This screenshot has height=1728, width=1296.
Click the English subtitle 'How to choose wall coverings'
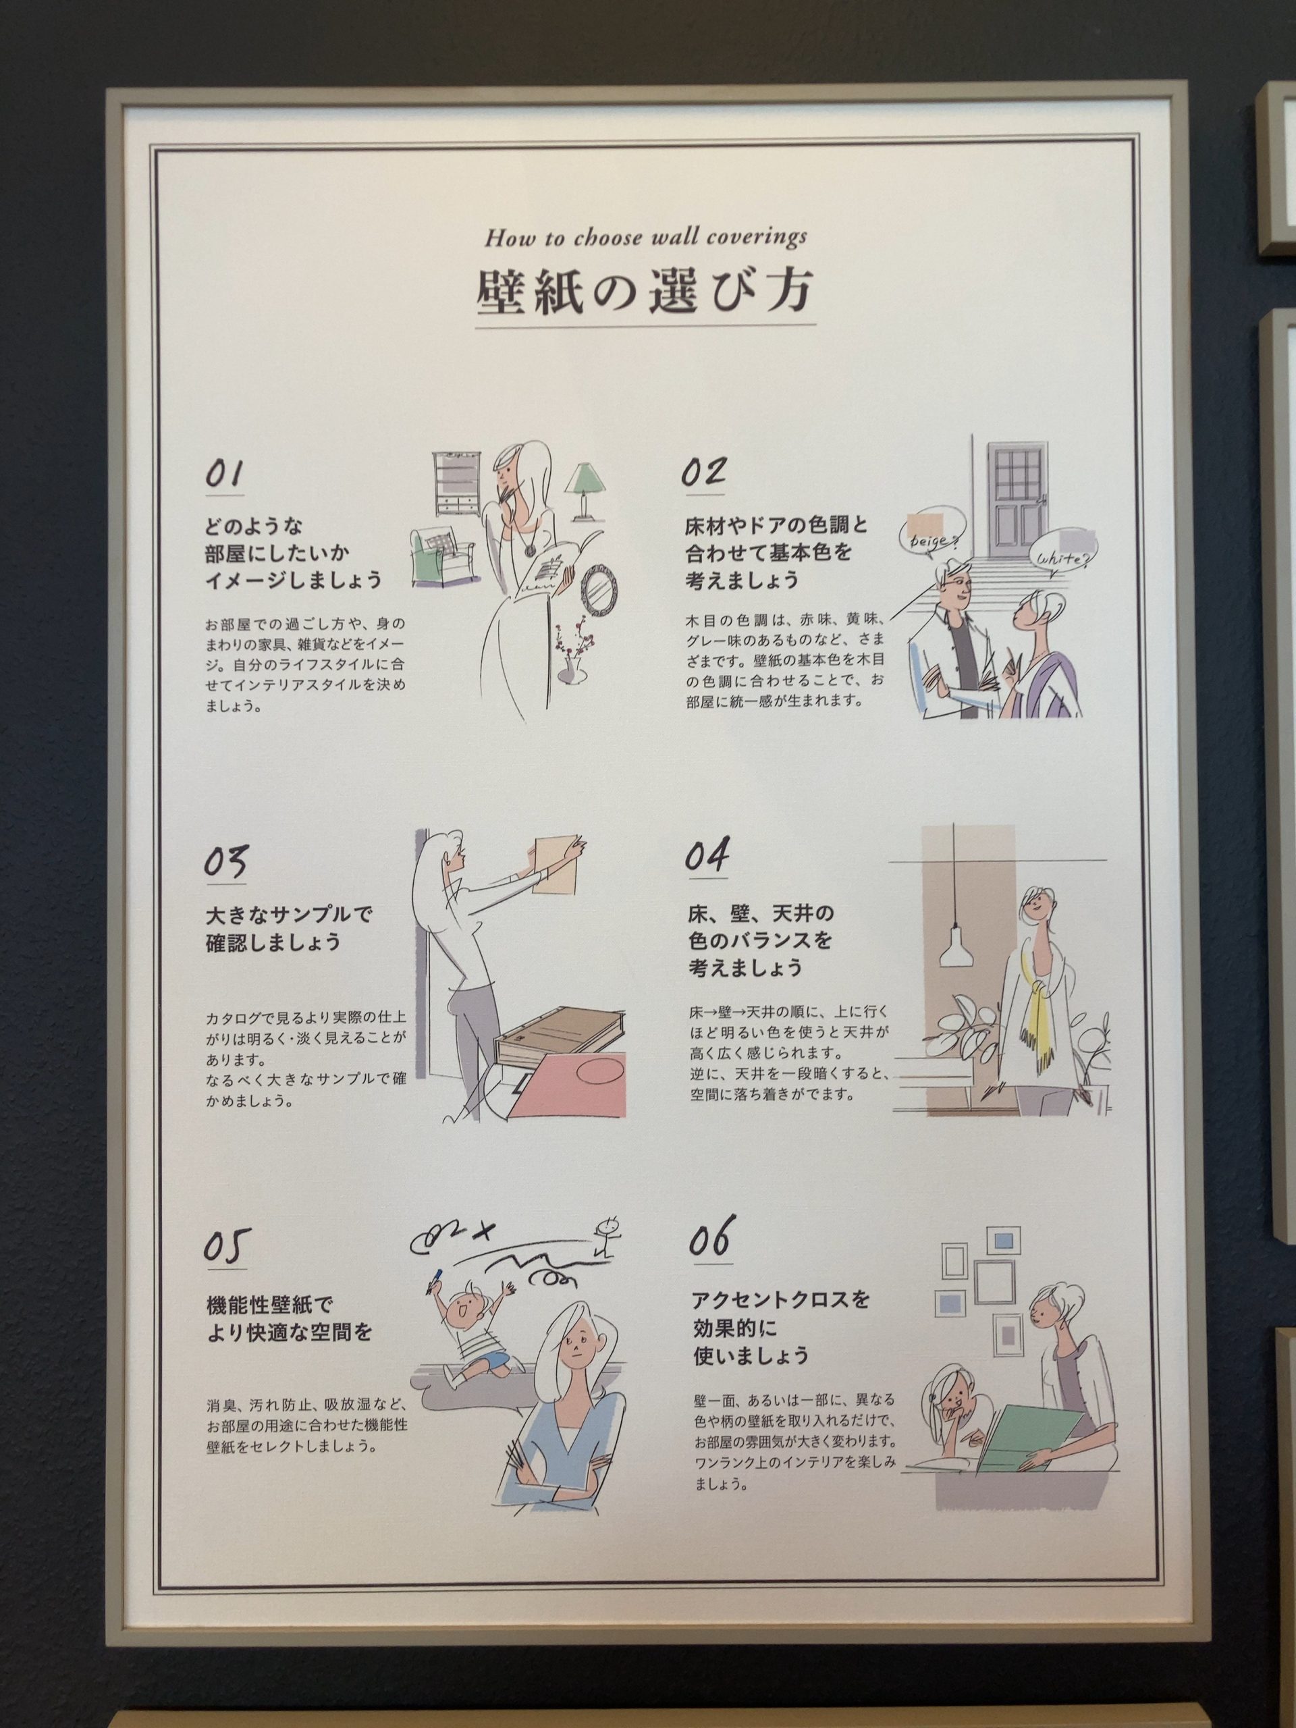point(645,238)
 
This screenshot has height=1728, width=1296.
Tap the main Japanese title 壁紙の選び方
point(645,293)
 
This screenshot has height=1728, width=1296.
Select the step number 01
point(224,474)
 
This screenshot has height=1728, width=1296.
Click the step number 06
point(710,1237)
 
